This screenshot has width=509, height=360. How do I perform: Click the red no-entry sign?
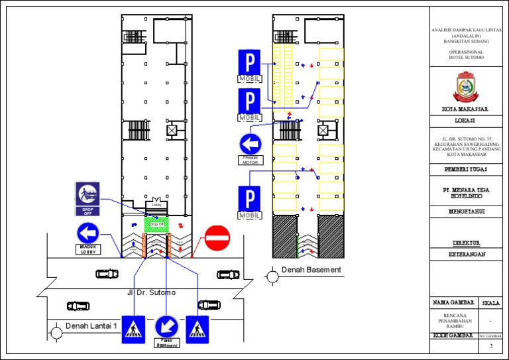[x=217, y=237]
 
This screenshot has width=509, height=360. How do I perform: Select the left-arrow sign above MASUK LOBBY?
[x=88, y=233]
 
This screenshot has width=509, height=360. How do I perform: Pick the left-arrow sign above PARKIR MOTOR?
[x=251, y=144]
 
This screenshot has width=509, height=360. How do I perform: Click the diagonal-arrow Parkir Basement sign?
[x=166, y=326]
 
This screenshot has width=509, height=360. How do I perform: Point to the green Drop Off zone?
[x=156, y=225]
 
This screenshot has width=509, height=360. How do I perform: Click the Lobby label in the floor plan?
[x=156, y=205]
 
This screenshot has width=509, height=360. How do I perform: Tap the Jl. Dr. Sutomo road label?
[x=152, y=292]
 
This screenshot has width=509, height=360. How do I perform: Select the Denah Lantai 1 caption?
[x=91, y=326]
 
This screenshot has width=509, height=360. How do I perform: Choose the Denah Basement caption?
[x=311, y=270]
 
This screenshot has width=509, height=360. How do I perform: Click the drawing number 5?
[x=491, y=346]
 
